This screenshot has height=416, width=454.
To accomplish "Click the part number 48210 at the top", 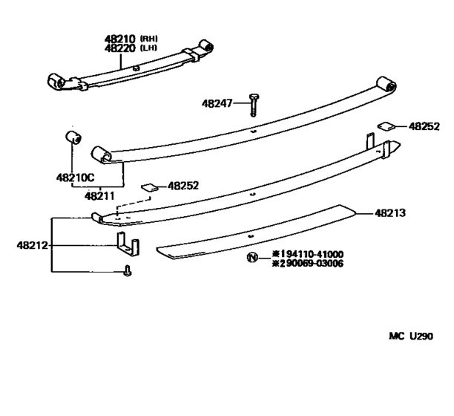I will pos(118,39).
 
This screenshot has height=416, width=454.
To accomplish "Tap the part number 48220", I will pos(118,48).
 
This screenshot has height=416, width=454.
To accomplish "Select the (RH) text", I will pos(151,39).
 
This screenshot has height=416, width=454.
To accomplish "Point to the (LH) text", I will pos(151,48).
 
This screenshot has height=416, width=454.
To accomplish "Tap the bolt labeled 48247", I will pos(254,105).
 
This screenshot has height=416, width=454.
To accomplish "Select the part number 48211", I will pos(98,196).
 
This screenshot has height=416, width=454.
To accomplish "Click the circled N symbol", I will pos(251,258).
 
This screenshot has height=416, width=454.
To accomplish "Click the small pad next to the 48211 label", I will pos(149,186).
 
